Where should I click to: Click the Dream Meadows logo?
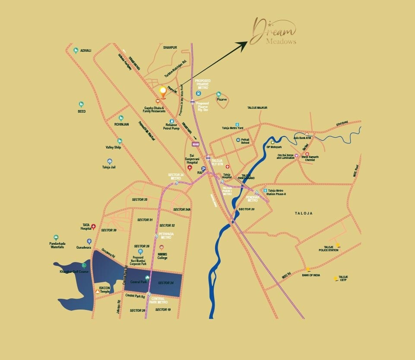(275, 32)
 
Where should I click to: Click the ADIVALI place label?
(86, 51)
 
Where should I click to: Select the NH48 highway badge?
(196, 144)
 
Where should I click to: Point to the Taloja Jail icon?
(109, 161)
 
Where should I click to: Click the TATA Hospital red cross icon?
(93, 226)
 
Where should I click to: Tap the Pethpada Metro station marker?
(155, 236)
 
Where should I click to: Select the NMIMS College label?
(162, 256)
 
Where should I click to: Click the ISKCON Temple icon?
(98, 292)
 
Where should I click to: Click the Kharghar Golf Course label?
(74, 272)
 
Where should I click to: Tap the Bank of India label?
(311, 275)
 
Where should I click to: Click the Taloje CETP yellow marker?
(336, 278)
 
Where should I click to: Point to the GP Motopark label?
(274, 147)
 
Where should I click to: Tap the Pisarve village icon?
(219, 94)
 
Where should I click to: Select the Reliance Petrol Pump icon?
(171, 121)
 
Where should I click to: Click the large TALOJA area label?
(303, 213)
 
